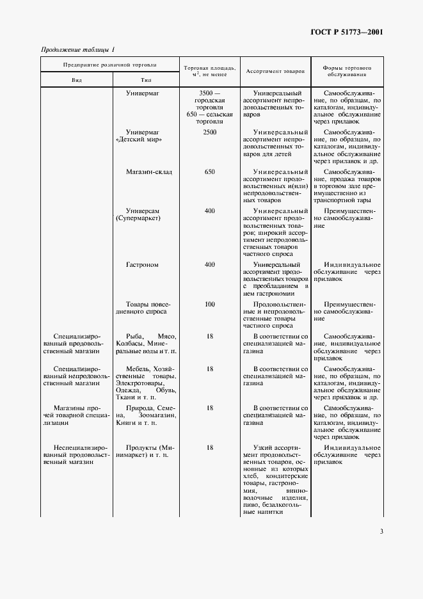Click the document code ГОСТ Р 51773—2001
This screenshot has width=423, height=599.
[x=347, y=31]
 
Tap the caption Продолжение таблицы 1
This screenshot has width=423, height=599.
[x=77, y=50]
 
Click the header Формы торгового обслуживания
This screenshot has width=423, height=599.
[x=347, y=71]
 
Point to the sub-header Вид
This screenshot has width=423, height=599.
[x=77, y=80]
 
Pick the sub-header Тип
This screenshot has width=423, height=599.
[x=145, y=80]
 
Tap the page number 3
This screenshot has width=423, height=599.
[x=381, y=531]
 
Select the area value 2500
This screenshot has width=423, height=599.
[x=209, y=132]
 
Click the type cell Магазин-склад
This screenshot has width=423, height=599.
[x=149, y=172]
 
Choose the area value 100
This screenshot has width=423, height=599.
[x=209, y=304]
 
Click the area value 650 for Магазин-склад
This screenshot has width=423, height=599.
[x=209, y=172]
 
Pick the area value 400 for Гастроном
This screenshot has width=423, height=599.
[x=209, y=264]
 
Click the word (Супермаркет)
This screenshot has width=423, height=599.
[x=138, y=218]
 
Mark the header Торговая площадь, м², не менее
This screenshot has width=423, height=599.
[x=209, y=71]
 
